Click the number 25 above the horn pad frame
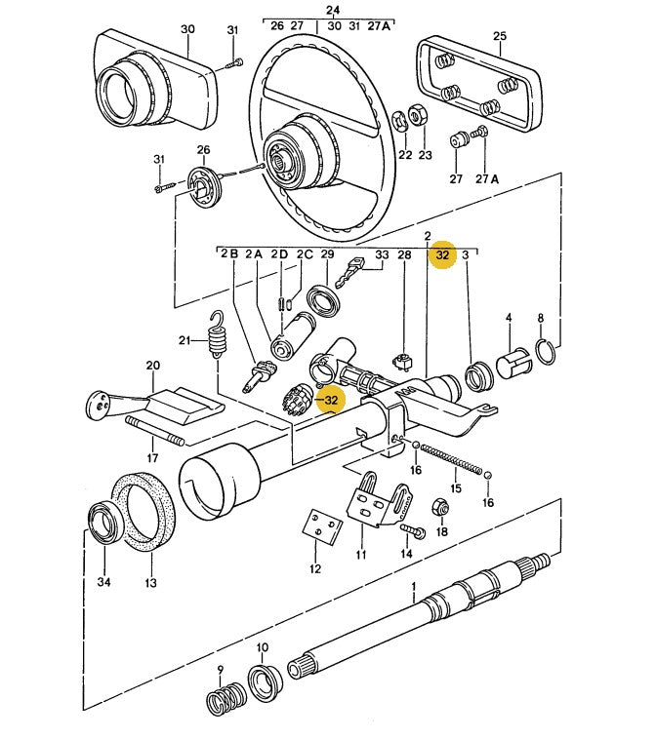(x=499, y=36)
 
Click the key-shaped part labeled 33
(x=350, y=272)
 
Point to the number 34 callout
(x=103, y=582)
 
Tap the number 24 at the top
(x=333, y=10)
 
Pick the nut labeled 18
(x=440, y=508)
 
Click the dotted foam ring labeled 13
(x=143, y=511)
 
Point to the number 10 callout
(x=263, y=647)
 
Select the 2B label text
(x=229, y=253)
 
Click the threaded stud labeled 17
(x=154, y=430)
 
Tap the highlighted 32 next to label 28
(x=442, y=255)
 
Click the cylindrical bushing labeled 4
(x=513, y=363)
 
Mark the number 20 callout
(x=153, y=366)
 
